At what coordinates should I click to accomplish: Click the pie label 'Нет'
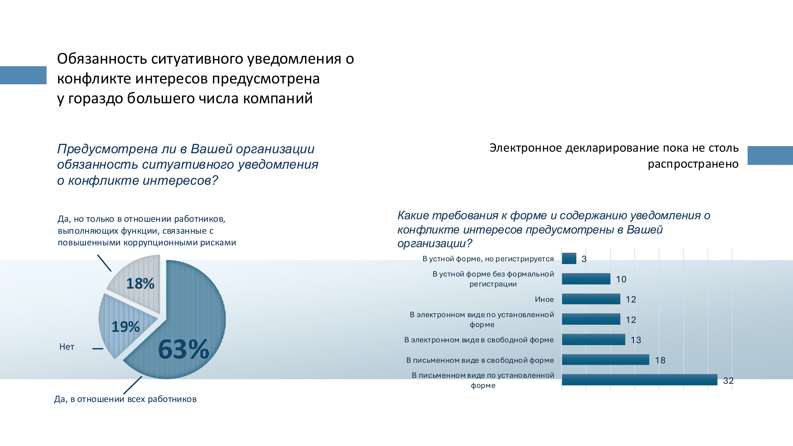coord(67,347)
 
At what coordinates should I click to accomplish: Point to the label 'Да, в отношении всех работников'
coord(125,399)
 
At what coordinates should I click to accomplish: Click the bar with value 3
coord(569,258)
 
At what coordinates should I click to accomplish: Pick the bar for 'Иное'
coord(591,299)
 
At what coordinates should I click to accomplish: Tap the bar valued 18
coord(605,360)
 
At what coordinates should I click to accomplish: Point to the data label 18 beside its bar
coord(660,360)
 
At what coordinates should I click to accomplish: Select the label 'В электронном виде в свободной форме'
coord(479,340)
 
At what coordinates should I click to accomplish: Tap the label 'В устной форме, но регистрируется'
coord(488,259)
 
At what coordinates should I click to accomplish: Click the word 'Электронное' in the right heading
coord(526,148)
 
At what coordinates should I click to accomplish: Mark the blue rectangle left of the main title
coord(23,75)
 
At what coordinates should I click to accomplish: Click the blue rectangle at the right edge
coord(770,155)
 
